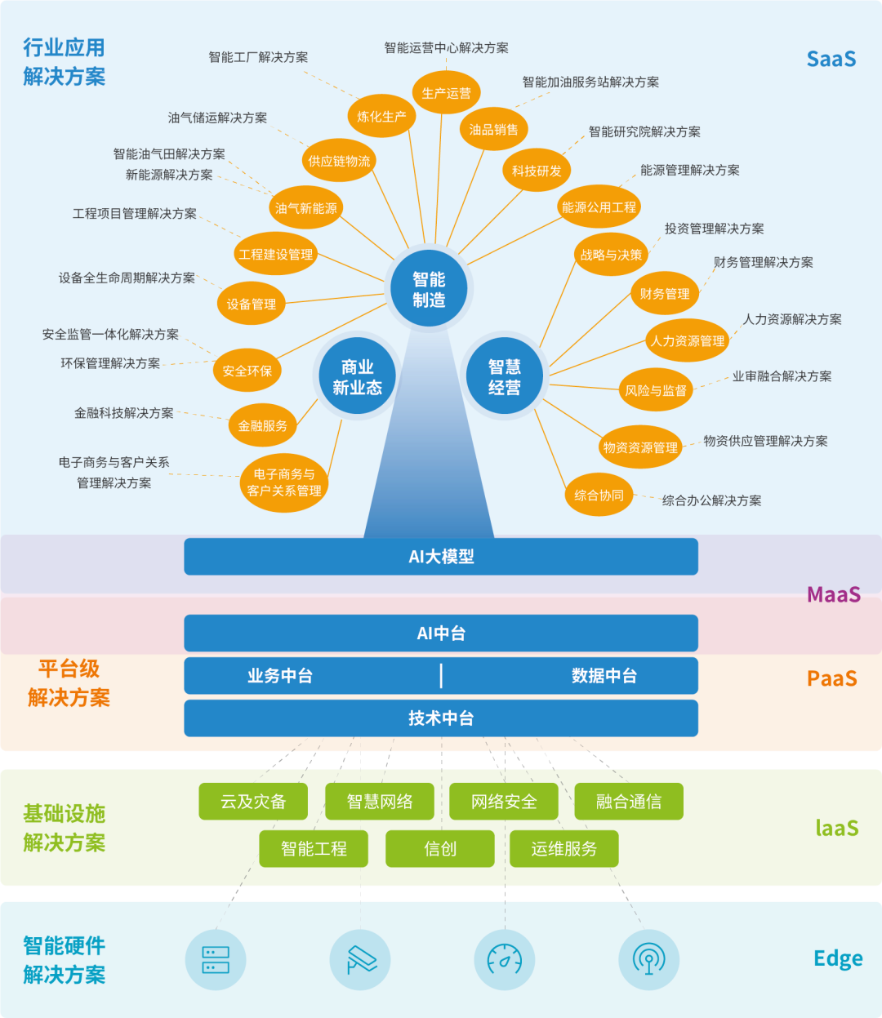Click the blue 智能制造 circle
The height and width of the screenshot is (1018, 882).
429,290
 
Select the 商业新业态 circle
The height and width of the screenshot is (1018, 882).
357,377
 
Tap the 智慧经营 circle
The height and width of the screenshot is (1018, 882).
504,377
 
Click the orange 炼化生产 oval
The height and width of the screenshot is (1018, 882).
381,117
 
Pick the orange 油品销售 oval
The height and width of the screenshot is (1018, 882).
493,130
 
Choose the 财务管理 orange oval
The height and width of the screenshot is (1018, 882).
665,294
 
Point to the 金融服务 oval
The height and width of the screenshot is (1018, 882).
262,425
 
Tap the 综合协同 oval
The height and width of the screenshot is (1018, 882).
599,495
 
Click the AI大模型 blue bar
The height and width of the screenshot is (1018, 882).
441,557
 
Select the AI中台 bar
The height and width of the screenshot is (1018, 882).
441,633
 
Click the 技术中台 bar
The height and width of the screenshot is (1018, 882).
441,718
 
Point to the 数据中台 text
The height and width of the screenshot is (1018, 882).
604,676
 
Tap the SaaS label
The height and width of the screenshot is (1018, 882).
831,59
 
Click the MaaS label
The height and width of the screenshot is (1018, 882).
833,594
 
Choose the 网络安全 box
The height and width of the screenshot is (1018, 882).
504,802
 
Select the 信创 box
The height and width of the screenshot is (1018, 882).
440,849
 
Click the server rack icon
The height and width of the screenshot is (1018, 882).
216,960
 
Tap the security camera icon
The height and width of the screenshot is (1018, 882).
360,960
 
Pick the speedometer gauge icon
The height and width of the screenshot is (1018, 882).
505,960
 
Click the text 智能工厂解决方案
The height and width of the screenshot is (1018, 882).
258,57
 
